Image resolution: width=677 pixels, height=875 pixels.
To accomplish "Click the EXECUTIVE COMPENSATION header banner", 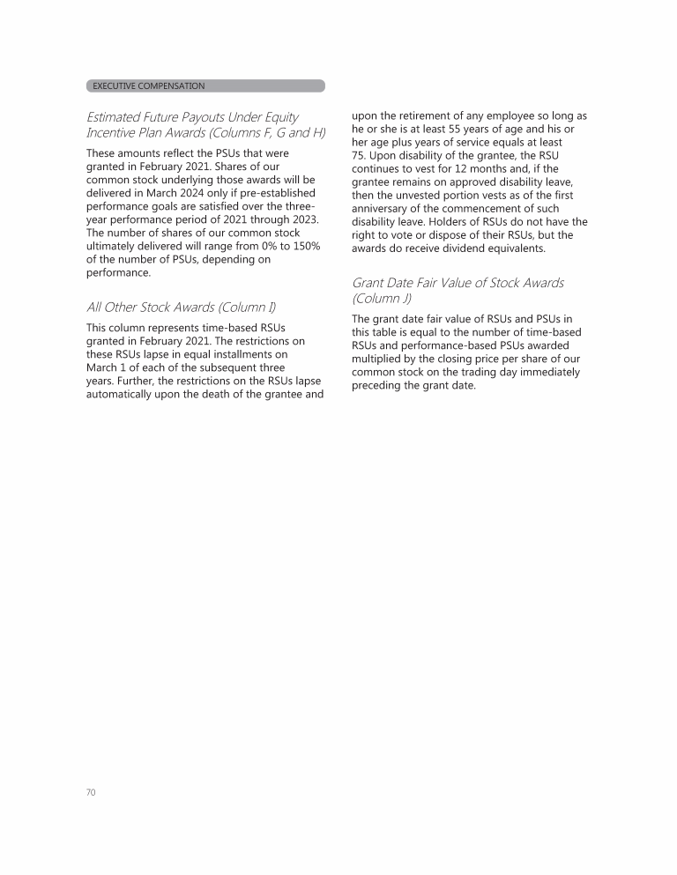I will click(205, 86).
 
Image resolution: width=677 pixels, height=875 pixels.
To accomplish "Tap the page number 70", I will click(91, 792).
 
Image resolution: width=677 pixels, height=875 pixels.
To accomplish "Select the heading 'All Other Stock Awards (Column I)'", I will click(181, 308).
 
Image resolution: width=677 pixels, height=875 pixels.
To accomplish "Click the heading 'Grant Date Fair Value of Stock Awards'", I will click(458, 283).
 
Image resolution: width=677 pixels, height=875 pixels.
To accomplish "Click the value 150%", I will click(305, 246).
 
